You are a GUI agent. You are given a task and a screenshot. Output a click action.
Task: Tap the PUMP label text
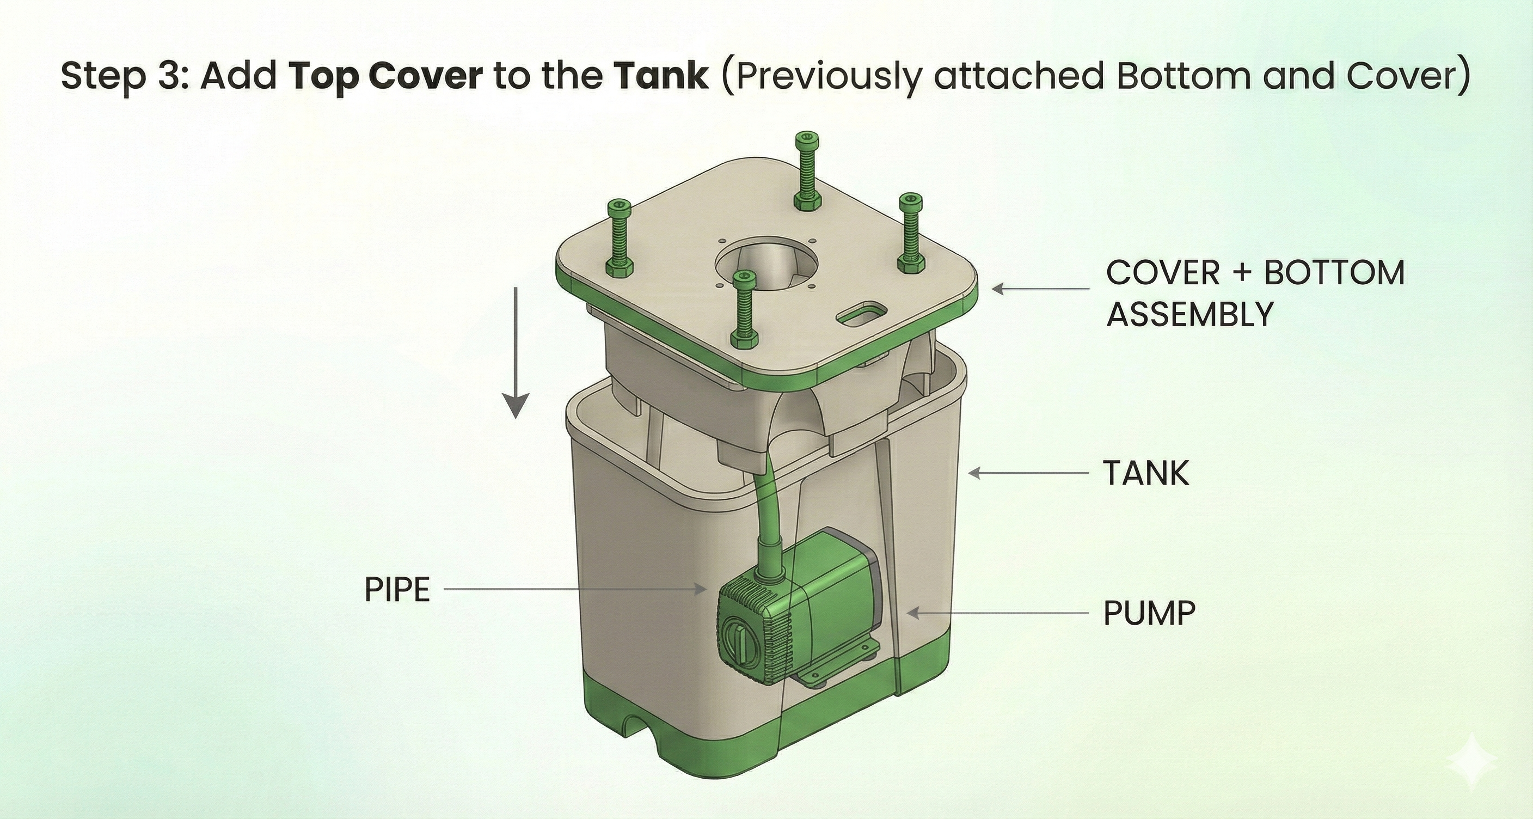click(1149, 613)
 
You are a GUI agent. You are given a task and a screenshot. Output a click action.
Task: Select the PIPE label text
click(397, 590)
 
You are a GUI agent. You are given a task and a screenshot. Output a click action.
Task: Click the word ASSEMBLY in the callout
click(1189, 314)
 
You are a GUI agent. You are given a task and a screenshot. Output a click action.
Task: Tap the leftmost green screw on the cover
click(619, 238)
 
